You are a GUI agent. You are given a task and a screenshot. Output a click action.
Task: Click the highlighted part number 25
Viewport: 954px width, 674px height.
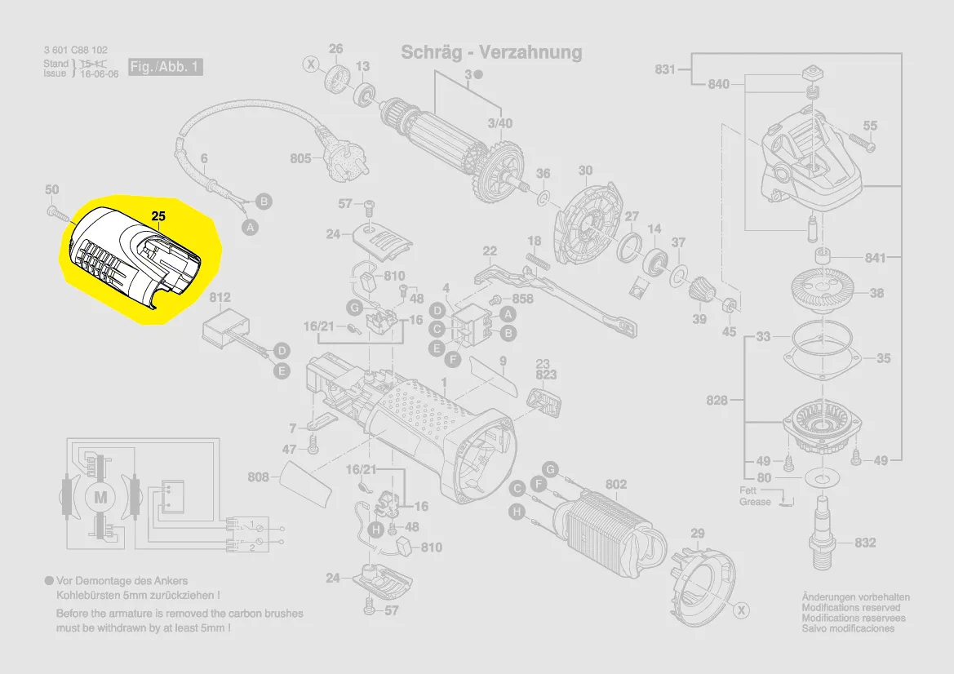point(158,217)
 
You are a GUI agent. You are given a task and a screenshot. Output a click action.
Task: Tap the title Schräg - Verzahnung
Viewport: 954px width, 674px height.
point(491,53)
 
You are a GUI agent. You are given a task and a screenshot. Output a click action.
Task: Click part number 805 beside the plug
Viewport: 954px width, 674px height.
point(300,158)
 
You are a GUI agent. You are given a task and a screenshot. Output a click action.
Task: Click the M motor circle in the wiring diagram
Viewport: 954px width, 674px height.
point(101,496)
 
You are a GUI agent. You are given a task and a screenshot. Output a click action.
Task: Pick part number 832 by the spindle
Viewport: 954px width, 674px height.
point(865,543)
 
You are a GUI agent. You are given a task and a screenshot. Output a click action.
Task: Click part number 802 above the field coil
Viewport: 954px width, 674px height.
point(616,485)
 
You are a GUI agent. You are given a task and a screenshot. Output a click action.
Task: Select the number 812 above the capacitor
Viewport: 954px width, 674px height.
point(220,298)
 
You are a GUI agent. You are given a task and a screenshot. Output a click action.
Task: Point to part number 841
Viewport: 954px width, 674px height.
point(876,258)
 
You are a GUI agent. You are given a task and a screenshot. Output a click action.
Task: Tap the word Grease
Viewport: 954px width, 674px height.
point(755,502)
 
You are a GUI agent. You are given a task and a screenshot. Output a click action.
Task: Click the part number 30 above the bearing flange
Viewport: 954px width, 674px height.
point(585,171)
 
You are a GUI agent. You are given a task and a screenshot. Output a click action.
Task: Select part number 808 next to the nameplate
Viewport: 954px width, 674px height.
point(259,477)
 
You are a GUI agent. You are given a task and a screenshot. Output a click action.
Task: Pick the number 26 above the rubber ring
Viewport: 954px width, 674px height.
point(336,49)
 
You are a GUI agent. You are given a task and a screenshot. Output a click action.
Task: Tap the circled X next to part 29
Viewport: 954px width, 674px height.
point(741,610)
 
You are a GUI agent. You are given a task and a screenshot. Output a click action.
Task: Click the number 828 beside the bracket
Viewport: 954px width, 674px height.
point(717,401)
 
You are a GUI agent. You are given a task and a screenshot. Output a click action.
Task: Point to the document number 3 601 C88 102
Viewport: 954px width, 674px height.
point(76,51)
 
